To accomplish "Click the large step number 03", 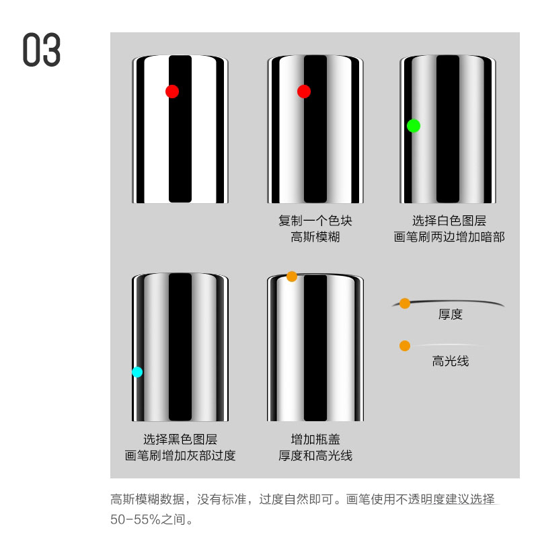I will click(x=42, y=50).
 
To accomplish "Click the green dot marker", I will click(x=414, y=125).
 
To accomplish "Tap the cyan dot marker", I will click(x=137, y=371).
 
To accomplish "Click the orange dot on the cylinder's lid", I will click(x=292, y=276).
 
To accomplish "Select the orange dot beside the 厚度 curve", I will click(x=405, y=303).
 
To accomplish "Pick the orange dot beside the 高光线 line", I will click(x=405, y=346).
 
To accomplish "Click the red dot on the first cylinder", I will click(x=172, y=92).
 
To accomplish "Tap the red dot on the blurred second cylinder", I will click(x=304, y=92).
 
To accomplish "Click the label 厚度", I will click(x=450, y=314).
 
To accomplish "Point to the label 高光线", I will click(x=450, y=361).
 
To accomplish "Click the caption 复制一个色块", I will click(x=315, y=221).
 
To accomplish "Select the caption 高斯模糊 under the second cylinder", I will click(x=315, y=237).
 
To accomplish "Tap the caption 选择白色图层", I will click(x=449, y=221).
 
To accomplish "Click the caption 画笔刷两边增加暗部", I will click(x=449, y=237).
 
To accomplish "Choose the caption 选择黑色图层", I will click(x=180, y=439).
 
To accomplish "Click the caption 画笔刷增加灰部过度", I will click(x=180, y=456).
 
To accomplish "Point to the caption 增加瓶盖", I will click(x=315, y=439).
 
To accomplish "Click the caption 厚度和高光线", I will click(x=315, y=456).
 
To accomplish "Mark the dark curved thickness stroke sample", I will click(x=457, y=302).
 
